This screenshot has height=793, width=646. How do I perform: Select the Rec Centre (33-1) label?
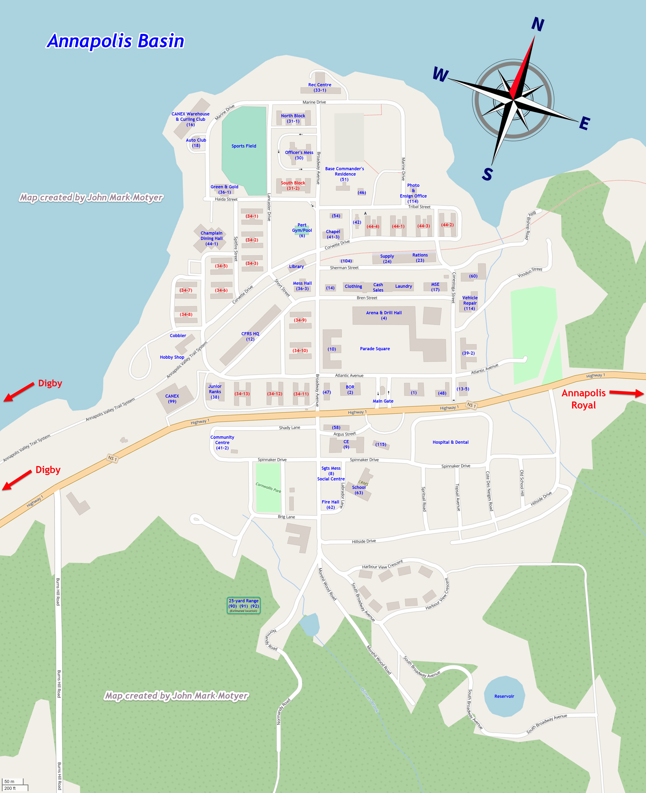(x=320, y=87)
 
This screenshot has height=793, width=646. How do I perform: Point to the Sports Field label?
(x=244, y=146)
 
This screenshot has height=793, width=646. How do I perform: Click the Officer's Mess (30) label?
(x=299, y=155)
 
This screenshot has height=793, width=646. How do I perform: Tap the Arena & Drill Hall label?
(x=384, y=315)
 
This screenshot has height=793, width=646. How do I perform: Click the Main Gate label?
(x=383, y=401)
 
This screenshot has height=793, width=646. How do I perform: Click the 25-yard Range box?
(x=244, y=605)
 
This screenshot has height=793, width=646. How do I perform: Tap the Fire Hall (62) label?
(x=330, y=504)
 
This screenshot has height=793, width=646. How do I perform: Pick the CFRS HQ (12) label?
(x=250, y=336)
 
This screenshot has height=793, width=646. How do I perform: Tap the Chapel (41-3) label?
(x=333, y=234)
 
